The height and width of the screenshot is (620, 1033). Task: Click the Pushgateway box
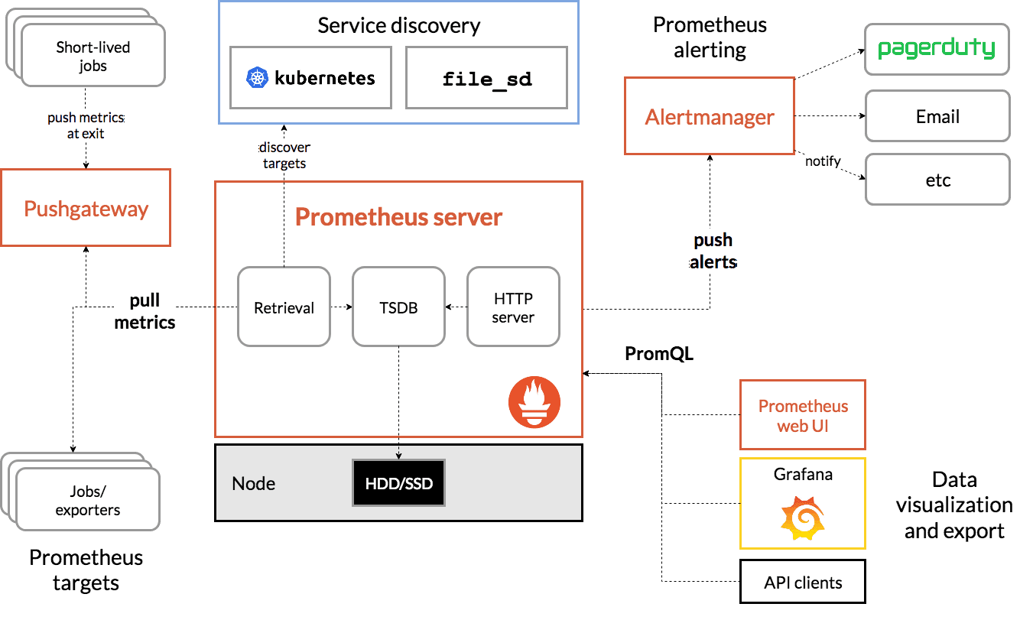point(86,208)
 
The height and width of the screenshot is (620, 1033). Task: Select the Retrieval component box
point(284,307)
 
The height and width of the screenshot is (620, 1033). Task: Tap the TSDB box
point(398,307)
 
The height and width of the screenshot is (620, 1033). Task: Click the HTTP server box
point(513,307)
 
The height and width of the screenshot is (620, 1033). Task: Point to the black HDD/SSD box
point(398,483)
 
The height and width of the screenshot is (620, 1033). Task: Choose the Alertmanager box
point(709,117)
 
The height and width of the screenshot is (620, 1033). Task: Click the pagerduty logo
point(937,49)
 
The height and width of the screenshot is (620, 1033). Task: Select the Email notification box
point(937,116)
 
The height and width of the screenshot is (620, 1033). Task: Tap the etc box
point(937,180)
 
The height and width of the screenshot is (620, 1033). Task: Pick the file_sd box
point(487,78)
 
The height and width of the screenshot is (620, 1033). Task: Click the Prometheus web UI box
point(803,415)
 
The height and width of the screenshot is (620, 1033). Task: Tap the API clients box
point(803,583)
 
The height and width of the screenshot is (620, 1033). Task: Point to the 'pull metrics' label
point(145,310)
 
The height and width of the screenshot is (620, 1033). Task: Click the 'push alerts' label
point(713,251)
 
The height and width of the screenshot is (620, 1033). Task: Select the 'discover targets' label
point(284,155)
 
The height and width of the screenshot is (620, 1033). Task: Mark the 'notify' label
point(823,161)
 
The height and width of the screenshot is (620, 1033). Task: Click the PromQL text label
point(658,354)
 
